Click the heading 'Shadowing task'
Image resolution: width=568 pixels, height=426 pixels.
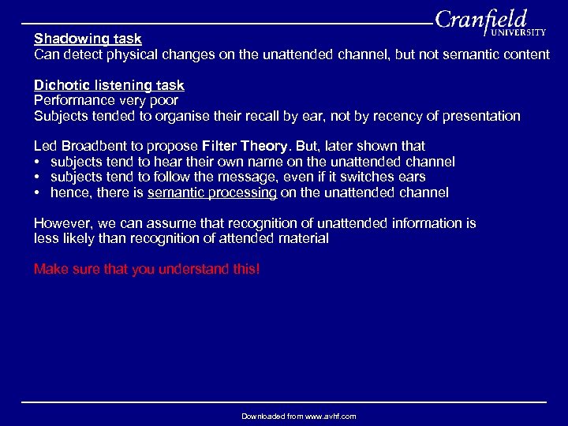(88, 39)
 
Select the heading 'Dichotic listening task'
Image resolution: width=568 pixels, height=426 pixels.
(109, 85)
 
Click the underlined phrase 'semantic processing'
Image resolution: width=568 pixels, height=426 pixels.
(211, 192)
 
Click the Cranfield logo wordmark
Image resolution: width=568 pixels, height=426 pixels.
(480, 19)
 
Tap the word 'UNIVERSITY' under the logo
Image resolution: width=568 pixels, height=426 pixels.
(518, 33)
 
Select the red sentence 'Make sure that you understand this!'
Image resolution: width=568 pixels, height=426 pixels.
(147, 270)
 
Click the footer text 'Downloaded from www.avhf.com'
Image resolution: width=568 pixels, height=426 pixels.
(298, 416)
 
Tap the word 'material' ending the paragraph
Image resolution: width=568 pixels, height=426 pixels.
(301, 238)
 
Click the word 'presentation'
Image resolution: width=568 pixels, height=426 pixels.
(481, 116)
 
